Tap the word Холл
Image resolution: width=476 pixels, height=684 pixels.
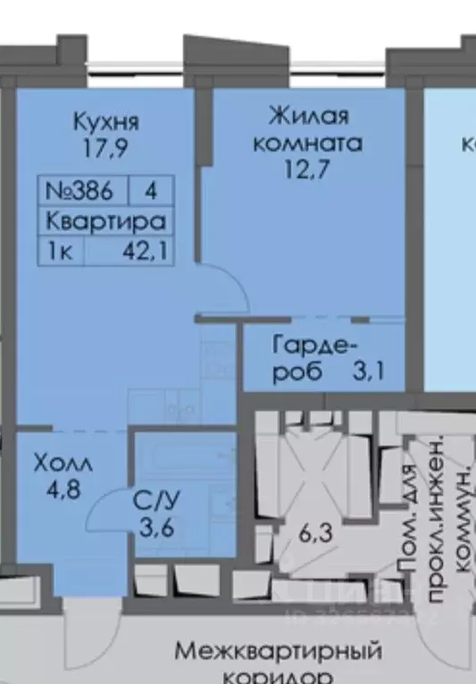pyautogui.click(x=63, y=465)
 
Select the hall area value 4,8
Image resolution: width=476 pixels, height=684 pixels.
pyautogui.click(x=63, y=490)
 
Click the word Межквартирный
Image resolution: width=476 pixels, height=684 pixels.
pyautogui.click(x=278, y=649)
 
